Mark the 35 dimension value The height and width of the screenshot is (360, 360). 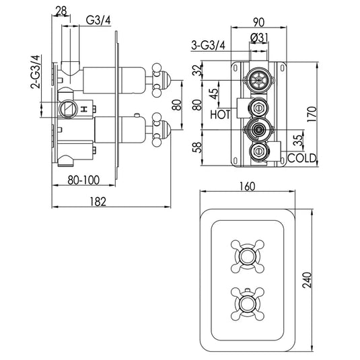pos(297,140)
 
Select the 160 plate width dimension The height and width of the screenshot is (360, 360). pos(246,188)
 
